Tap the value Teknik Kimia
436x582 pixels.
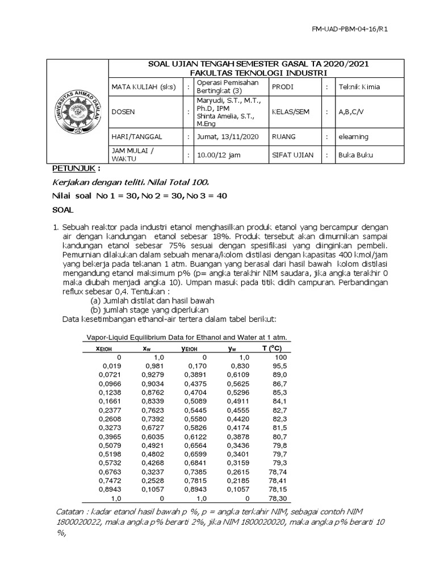(359, 87)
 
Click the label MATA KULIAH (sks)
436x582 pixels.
(144, 87)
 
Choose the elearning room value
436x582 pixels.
(353, 136)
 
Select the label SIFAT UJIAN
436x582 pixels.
(292, 155)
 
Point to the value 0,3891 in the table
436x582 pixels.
(194, 375)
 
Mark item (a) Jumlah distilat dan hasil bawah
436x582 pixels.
(152, 300)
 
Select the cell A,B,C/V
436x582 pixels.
(352, 112)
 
